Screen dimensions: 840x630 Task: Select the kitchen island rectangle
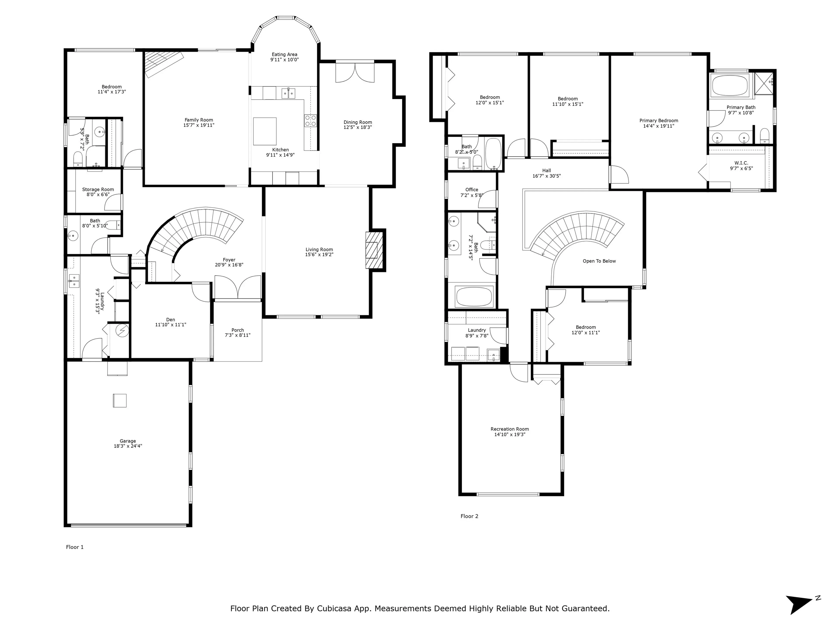pyautogui.click(x=265, y=131)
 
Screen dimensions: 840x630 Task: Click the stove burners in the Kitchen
pyautogui.click(x=310, y=121)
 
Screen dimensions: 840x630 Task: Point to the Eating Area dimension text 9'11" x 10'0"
pyautogui.click(x=284, y=60)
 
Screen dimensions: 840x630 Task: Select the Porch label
pyautogui.click(x=238, y=330)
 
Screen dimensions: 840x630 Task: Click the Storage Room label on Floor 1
pyautogui.click(x=98, y=189)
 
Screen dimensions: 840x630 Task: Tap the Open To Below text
pyautogui.click(x=599, y=261)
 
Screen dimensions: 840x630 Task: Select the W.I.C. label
pyautogui.click(x=741, y=163)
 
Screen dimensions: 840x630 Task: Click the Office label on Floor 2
pyautogui.click(x=472, y=189)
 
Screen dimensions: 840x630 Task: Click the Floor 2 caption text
pyautogui.click(x=469, y=516)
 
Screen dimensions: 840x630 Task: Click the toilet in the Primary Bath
pyautogui.click(x=765, y=136)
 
